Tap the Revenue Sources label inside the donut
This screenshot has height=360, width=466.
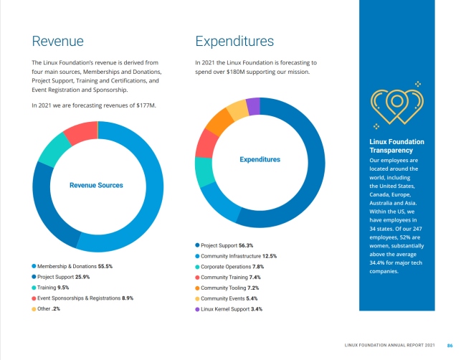click(x=96, y=186)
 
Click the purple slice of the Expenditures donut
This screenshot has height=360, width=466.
click(x=253, y=105)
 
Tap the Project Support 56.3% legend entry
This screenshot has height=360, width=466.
click(x=227, y=245)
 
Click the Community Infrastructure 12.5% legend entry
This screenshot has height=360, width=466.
click(x=239, y=256)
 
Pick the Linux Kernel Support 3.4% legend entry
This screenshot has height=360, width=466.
click(x=232, y=309)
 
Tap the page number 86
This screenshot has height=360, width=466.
click(x=450, y=346)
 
